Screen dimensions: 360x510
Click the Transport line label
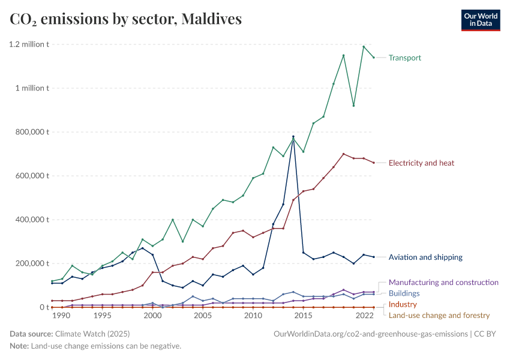404,58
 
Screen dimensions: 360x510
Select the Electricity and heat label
421,163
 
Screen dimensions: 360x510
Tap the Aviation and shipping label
425,257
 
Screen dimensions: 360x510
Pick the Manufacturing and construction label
443,282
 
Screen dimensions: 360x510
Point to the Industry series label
403,304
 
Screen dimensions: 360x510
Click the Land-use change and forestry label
439,315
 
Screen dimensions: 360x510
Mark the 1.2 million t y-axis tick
29,44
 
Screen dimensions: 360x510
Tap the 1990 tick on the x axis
62,316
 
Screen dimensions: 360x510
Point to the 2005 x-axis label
202,316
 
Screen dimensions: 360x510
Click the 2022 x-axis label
364,316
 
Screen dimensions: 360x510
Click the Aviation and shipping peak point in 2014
293,137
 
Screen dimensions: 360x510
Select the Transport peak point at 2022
364,46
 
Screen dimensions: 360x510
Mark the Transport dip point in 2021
353,106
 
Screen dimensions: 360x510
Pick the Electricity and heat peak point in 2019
343,154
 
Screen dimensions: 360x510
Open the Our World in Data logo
480,20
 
